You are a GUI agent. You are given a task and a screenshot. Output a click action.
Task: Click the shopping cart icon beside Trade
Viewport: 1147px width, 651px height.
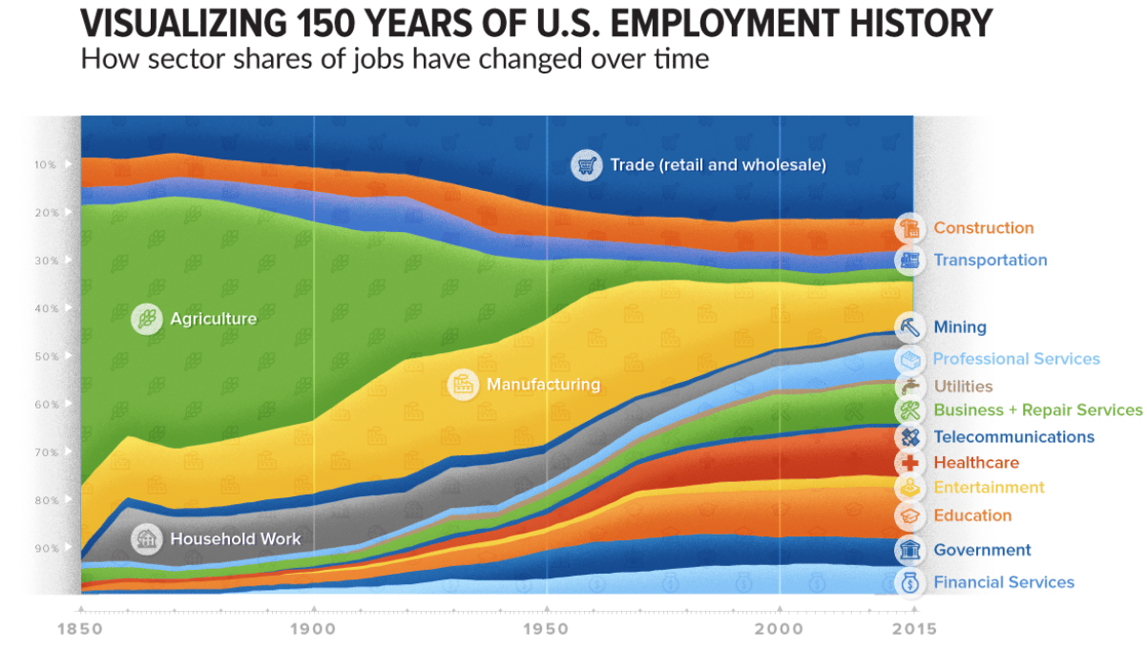tap(586, 165)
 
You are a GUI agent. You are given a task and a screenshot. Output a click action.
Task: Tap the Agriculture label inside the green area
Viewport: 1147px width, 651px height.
tap(213, 319)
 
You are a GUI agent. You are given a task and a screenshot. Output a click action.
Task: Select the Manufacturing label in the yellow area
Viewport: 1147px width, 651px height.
tap(543, 385)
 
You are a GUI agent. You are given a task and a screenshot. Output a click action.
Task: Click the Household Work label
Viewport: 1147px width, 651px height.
tap(235, 539)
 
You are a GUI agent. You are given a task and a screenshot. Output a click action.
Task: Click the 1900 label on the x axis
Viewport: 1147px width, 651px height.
tap(314, 629)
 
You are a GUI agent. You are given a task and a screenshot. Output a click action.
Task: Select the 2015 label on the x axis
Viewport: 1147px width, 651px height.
tap(913, 629)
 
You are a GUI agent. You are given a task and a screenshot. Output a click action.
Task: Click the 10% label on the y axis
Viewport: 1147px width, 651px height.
tap(46, 164)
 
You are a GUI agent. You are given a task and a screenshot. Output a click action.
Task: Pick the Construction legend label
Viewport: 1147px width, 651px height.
tap(983, 228)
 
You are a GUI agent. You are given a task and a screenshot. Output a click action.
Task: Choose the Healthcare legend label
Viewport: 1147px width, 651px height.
tap(976, 463)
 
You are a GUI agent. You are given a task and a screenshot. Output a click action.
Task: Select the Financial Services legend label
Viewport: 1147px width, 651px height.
tap(1004, 582)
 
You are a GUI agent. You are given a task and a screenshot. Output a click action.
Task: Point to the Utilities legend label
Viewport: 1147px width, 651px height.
tap(963, 387)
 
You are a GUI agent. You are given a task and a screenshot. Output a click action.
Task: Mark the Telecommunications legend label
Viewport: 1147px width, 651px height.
tap(1013, 437)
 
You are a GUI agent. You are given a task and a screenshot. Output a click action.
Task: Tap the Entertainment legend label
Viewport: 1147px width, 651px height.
tap(989, 488)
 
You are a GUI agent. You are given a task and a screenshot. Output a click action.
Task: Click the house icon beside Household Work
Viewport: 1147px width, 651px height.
tap(147, 539)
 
